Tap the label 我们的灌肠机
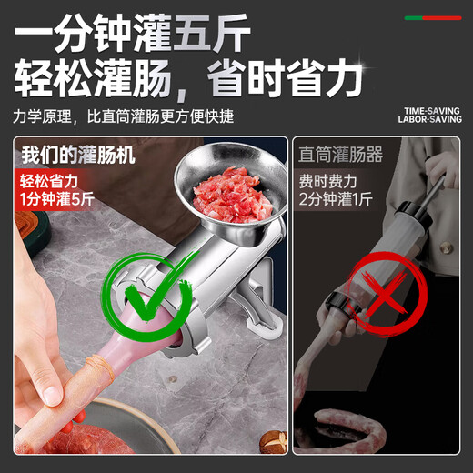(78, 155)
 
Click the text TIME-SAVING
(432, 113)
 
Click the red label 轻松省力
(49, 181)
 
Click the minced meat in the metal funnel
(227, 191)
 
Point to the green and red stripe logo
(433, 16)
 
